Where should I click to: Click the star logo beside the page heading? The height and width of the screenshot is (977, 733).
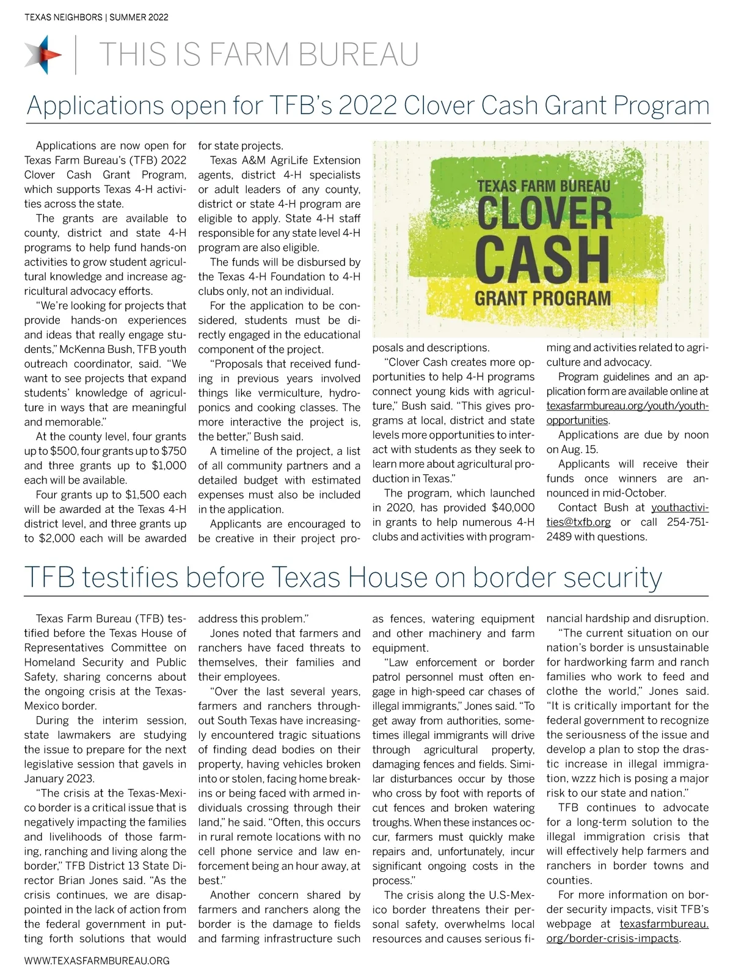pyautogui.click(x=43, y=54)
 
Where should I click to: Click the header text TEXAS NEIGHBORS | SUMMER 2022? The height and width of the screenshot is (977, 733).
pyautogui.click(x=97, y=17)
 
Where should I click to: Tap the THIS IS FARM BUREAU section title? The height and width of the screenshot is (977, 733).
pyautogui.click(x=258, y=54)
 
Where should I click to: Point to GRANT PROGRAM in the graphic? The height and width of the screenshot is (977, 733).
pyautogui.click(x=542, y=299)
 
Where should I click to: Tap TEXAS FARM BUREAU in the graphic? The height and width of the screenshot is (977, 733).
pyautogui.click(x=543, y=186)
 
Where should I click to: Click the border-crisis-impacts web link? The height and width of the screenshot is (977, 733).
pyautogui.click(x=613, y=939)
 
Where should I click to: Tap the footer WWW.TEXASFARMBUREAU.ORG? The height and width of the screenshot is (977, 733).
pyautogui.click(x=97, y=961)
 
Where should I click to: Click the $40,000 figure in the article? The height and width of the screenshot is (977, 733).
pyautogui.click(x=512, y=507)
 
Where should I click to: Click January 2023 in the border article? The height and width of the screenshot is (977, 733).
pyautogui.click(x=59, y=779)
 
